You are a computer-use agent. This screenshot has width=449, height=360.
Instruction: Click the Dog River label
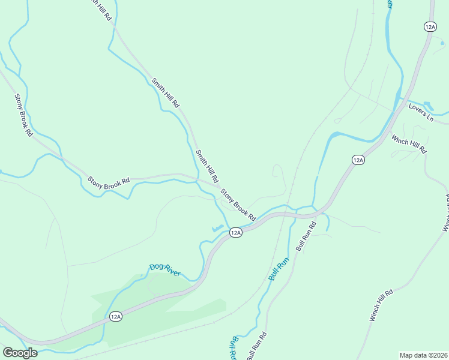165,270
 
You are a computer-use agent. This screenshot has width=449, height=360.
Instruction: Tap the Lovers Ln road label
421,111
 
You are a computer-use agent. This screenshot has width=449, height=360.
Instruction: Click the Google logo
20,353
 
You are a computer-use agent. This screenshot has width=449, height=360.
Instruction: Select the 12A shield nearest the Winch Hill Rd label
358,160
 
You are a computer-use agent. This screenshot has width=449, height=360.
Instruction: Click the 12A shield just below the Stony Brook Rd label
235,232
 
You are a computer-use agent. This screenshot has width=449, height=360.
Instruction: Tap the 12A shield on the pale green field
116,316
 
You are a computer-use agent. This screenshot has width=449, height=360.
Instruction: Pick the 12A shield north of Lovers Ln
430,26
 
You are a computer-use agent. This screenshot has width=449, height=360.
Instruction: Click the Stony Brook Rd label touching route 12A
238,204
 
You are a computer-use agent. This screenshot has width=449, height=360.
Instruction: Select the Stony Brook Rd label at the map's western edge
23,115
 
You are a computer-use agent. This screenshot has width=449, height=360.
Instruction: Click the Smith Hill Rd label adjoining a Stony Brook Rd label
206,167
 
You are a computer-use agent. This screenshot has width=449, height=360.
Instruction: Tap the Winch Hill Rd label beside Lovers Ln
409,144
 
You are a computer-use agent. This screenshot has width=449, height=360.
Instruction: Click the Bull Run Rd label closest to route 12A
306,236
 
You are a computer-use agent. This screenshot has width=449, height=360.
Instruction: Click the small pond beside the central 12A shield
217,229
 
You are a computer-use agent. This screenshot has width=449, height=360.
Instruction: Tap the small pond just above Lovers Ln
428,106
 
